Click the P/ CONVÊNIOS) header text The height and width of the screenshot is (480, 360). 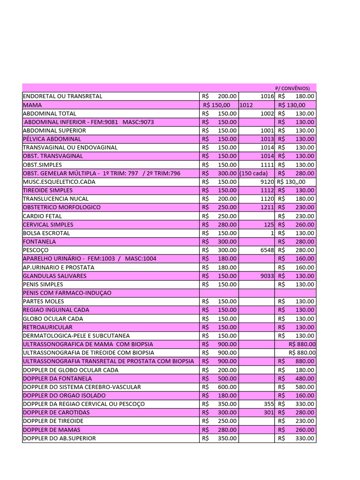(x=292, y=88)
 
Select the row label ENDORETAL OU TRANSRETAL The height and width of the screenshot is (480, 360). (x=62, y=96)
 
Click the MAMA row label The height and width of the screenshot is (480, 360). (x=32, y=105)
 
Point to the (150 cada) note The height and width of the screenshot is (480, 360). (x=254, y=173)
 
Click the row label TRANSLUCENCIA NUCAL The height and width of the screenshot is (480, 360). (x=55, y=199)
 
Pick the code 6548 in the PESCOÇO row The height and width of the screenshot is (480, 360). (x=266, y=250)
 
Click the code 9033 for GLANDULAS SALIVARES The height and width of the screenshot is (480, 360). (x=266, y=276)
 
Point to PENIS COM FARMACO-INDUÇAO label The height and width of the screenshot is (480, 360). (x=67, y=292)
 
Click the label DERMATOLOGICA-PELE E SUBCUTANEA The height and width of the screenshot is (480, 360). (x=76, y=336)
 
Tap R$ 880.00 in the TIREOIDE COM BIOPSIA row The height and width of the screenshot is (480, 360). (x=302, y=352)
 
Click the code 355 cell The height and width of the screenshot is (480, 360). (x=269, y=404)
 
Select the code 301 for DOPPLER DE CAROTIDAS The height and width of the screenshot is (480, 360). (x=269, y=412)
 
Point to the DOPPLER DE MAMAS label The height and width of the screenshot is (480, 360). (x=52, y=429)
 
